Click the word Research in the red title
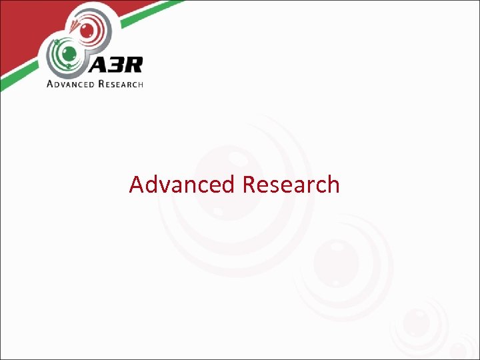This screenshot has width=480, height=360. [x=291, y=184]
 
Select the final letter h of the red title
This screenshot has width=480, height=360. [x=333, y=184]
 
